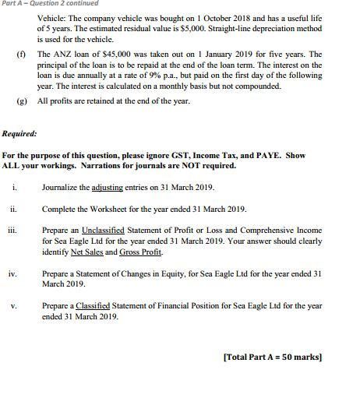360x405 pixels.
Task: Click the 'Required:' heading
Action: click(19, 133)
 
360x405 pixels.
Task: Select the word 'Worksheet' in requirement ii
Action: click(111, 210)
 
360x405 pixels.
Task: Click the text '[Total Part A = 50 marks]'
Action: click(273, 357)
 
